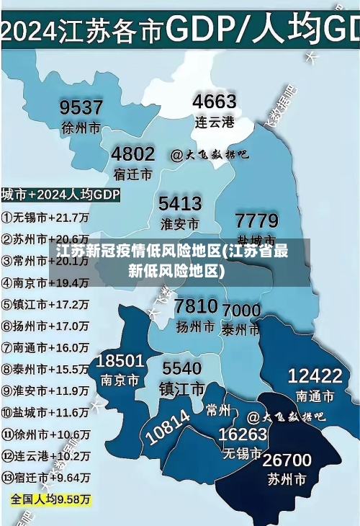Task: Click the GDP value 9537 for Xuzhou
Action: [81, 107]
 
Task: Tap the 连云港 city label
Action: [215, 122]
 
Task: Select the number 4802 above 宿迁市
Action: [132, 153]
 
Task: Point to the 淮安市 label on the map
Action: [179, 223]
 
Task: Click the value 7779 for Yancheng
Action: [256, 219]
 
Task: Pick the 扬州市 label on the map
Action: [195, 326]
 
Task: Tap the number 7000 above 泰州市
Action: [241, 311]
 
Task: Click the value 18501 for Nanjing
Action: [120, 360]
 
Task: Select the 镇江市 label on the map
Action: [182, 389]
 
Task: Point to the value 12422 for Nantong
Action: [315, 375]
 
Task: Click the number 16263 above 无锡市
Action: [243, 434]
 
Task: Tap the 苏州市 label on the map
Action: [286, 478]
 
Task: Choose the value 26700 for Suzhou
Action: [287, 460]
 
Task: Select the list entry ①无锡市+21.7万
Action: [45, 217]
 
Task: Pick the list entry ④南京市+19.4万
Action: [45, 282]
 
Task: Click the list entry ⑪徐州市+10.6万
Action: [45, 434]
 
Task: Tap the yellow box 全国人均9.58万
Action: [50, 499]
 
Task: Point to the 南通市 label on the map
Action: [315, 396]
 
